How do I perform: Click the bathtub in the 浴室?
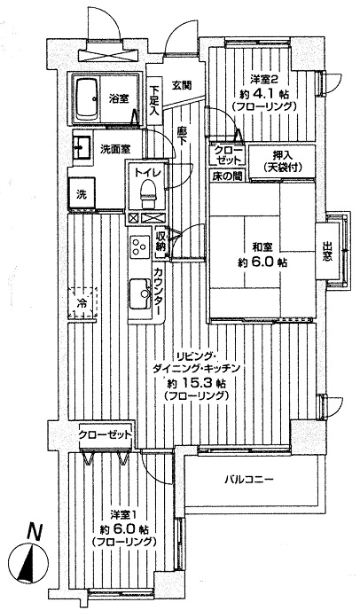click(x=86, y=99)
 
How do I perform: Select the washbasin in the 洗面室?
click(x=82, y=148)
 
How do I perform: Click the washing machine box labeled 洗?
click(x=82, y=194)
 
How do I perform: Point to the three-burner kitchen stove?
click(x=140, y=246)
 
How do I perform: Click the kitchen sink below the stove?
click(x=140, y=293)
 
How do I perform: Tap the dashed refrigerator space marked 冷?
click(x=82, y=302)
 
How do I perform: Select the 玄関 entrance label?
click(x=182, y=84)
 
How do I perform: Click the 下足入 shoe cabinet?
click(x=154, y=100)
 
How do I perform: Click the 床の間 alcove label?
click(x=227, y=176)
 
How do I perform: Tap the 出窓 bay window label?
click(x=327, y=251)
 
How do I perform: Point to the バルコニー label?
click(x=249, y=480)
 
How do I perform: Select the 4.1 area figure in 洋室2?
click(x=267, y=93)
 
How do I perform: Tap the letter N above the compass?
click(x=35, y=532)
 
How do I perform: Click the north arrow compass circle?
click(x=28, y=563)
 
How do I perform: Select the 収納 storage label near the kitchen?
click(x=160, y=241)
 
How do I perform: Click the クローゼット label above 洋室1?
click(x=105, y=434)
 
